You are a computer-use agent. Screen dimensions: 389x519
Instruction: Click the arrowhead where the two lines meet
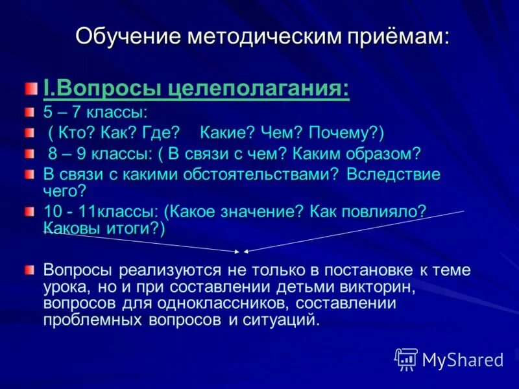click(x=241, y=252)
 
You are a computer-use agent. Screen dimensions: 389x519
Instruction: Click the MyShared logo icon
click(x=406, y=358)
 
